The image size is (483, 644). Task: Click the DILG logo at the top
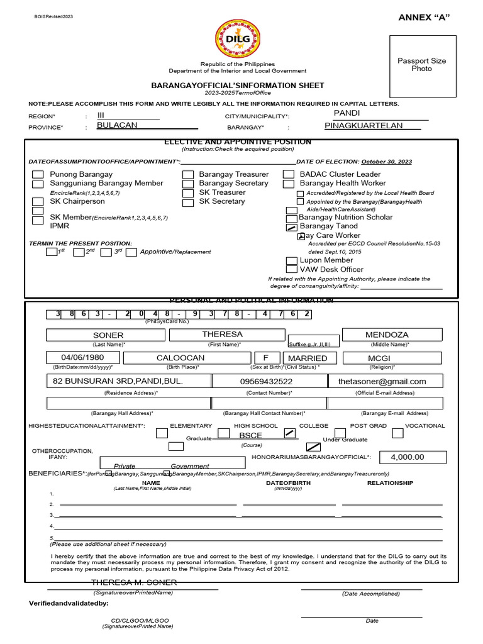coord(237,39)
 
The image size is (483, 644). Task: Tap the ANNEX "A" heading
coord(425,16)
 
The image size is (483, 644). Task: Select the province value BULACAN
coord(117,125)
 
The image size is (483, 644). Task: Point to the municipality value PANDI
coord(347,113)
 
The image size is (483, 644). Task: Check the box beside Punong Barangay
coord(38,175)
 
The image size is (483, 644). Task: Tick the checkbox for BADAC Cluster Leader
coord(289,175)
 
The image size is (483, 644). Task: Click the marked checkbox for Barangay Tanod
coord(291,227)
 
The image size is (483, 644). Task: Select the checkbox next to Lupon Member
coord(291,261)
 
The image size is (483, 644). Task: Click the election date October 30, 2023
coord(387,162)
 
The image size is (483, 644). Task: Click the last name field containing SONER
coord(108,335)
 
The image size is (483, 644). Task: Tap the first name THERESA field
coord(222,335)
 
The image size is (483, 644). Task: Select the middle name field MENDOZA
coord(391,335)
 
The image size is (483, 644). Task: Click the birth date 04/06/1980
coord(82,358)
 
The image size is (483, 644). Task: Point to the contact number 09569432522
coord(266,381)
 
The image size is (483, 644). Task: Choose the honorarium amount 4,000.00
coord(407,457)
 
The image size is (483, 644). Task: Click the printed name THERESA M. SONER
coord(134,582)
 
